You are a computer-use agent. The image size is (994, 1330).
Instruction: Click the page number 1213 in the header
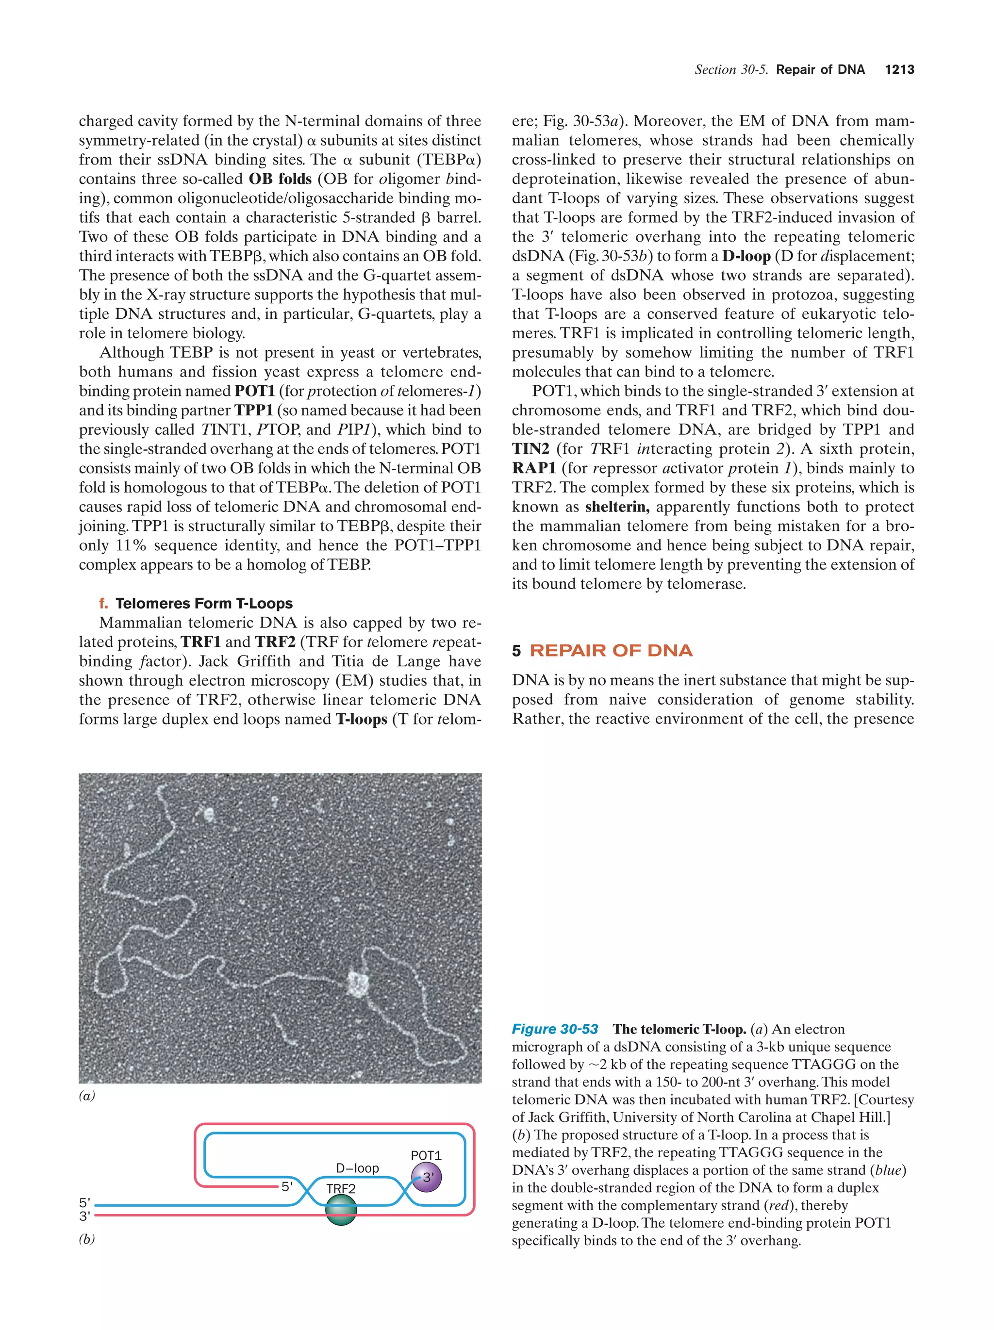(x=899, y=70)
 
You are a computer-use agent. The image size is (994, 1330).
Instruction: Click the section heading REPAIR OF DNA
(x=611, y=651)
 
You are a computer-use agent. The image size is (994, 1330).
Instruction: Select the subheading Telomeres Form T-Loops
(x=204, y=603)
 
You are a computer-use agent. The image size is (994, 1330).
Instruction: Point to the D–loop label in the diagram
(x=357, y=1167)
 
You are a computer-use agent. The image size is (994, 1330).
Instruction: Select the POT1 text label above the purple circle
(x=426, y=1155)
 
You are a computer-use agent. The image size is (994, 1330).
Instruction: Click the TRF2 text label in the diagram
(x=340, y=1189)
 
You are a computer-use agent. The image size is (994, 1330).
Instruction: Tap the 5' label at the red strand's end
(x=287, y=1186)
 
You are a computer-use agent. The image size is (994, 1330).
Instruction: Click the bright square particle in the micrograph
(x=358, y=984)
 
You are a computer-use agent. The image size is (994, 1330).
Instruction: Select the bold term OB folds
(x=280, y=179)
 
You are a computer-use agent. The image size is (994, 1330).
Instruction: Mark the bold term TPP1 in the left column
(x=253, y=410)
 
